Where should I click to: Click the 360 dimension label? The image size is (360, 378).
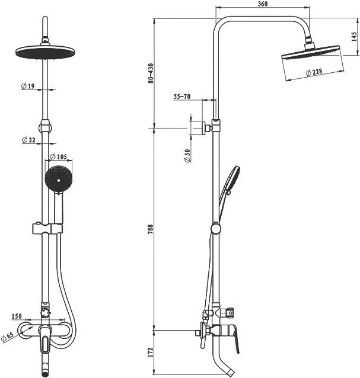263,4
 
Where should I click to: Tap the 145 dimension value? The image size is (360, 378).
354,37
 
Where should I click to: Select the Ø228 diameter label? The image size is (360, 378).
314,72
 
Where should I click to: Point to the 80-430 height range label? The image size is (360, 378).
151,73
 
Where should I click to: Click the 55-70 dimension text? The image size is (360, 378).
182,97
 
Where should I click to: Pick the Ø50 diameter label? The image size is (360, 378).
187,156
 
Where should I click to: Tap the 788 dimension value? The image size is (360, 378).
151,229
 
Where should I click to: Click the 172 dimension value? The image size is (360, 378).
151,353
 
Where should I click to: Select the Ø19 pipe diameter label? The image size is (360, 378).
28,86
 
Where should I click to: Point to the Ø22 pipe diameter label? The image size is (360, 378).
28,140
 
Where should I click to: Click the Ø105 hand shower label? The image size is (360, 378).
58,156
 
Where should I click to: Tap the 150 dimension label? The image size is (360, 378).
17,316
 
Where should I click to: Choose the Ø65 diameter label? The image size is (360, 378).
7,337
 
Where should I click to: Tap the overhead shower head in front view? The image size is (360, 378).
45,52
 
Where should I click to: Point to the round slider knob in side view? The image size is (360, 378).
215,229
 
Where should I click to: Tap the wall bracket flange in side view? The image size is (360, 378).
204,128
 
